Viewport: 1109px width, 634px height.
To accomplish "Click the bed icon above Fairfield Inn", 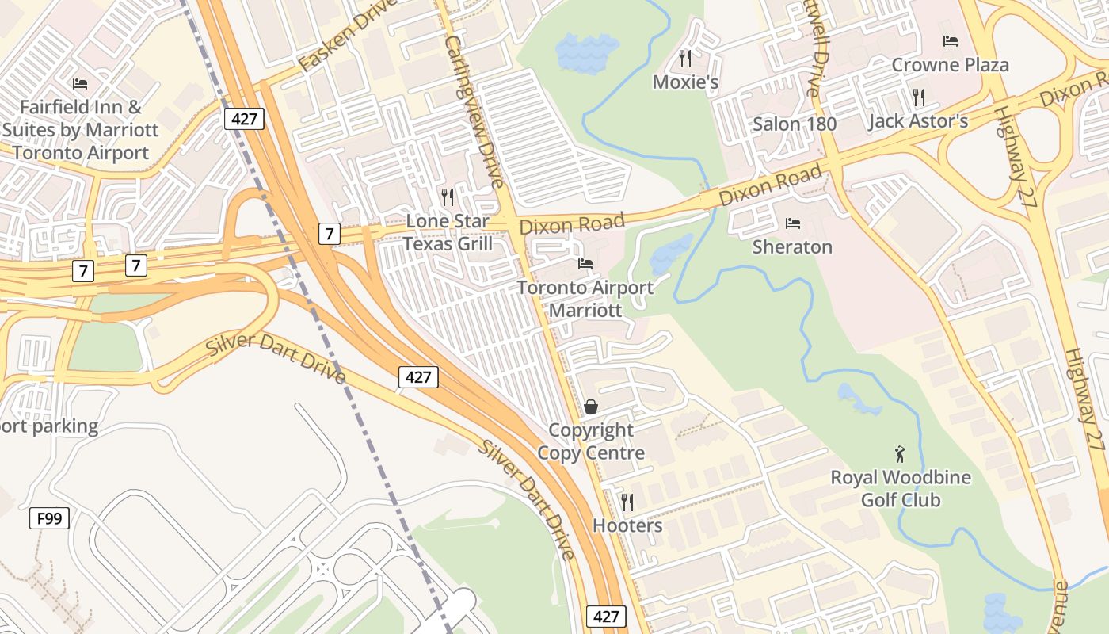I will [x=80, y=83].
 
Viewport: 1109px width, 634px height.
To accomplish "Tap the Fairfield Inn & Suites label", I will [x=81, y=130].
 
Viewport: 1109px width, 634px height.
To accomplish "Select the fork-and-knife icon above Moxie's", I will [x=686, y=58].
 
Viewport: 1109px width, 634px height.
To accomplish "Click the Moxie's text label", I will [x=686, y=82].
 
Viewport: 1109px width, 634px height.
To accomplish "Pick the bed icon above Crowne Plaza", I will [x=951, y=40].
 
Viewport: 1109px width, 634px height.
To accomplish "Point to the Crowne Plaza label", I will [x=951, y=65].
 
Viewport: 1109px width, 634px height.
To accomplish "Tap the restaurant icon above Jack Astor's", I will [x=919, y=97].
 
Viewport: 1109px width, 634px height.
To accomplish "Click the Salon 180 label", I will [x=795, y=124].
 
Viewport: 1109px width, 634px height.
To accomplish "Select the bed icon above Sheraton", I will [x=792, y=223].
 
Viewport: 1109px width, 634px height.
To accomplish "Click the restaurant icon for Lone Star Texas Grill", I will [x=448, y=197].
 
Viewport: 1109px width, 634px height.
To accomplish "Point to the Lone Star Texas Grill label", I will [x=448, y=232].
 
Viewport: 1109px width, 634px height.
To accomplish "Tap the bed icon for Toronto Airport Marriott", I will [x=585, y=263].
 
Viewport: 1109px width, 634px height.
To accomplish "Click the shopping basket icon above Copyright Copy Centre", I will [x=591, y=407].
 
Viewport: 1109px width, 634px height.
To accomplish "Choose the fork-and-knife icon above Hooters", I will [x=627, y=502].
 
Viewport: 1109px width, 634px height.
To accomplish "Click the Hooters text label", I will [x=627, y=525].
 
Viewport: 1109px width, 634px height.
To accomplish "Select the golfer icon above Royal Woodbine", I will [x=900, y=454].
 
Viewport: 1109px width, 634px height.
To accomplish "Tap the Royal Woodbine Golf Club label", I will [x=901, y=489].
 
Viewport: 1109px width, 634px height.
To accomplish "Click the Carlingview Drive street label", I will [x=474, y=111].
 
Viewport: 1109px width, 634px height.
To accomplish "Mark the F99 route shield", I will [x=49, y=519].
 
